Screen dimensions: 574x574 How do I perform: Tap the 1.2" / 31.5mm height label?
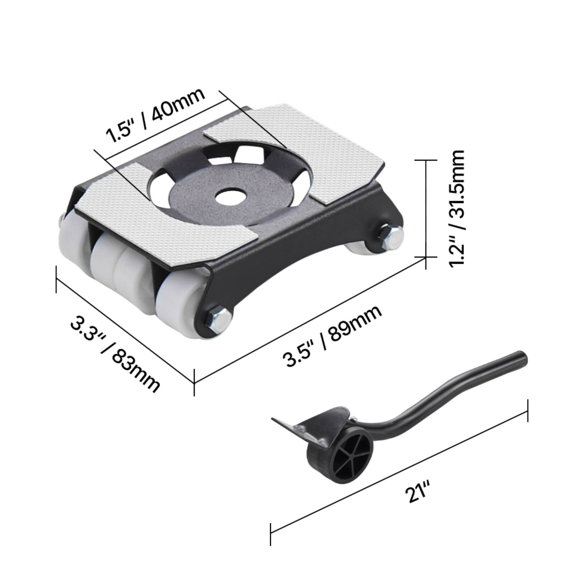(x=457, y=208)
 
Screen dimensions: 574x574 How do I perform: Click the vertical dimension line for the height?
(x=426, y=208)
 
